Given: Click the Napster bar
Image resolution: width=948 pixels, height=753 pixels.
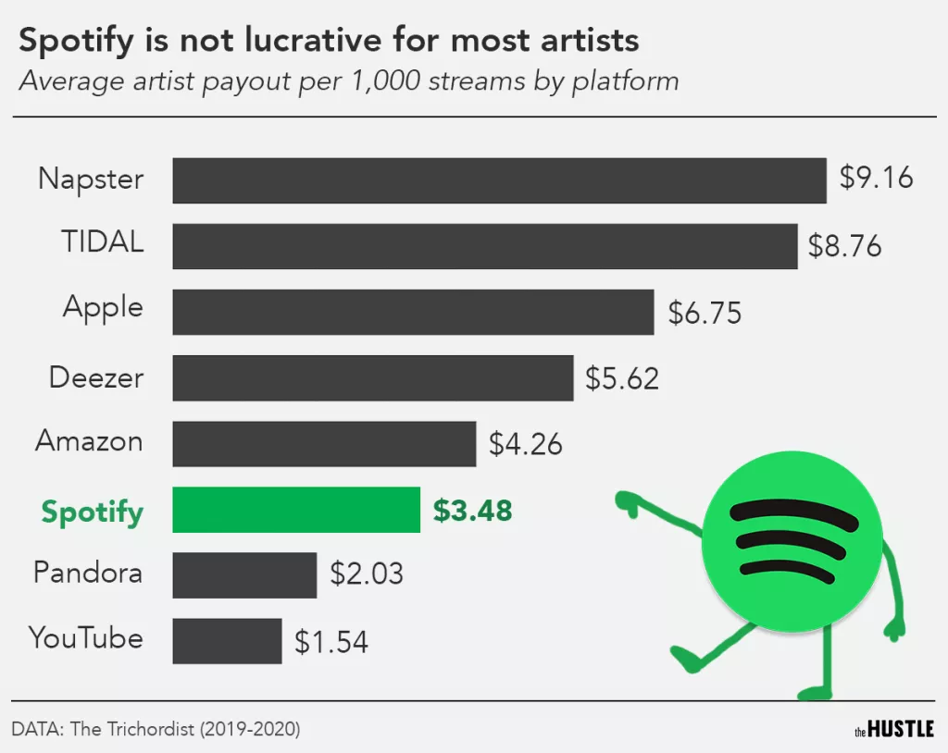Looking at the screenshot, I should (499, 180).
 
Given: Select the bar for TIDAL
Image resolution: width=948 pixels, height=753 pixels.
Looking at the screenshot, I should (484, 246).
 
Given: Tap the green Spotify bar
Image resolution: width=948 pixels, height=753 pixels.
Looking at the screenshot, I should (296, 510).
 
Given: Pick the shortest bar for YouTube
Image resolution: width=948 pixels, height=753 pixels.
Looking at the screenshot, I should (227, 641).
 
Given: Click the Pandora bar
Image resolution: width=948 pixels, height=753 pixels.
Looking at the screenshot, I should (244, 575).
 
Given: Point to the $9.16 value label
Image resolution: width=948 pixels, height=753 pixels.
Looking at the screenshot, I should (876, 178).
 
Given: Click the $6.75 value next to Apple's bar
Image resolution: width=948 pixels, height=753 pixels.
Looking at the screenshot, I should (705, 313).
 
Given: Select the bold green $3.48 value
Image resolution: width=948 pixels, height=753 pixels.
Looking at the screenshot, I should (472, 510).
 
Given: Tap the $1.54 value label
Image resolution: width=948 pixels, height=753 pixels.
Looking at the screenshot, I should (331, 642).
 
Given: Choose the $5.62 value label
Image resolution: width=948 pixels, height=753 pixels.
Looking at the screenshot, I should (622, 378).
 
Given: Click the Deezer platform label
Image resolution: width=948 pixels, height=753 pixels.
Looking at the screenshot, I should (96, 377).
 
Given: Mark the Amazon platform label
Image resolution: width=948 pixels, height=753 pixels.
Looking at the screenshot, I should (90, 441).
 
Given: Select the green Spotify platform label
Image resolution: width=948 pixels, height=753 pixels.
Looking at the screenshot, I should (93, 512).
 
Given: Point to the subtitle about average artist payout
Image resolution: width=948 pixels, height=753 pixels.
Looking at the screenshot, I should (349, 81).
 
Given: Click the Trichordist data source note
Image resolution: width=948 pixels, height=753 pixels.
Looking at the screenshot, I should (156, 729).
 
